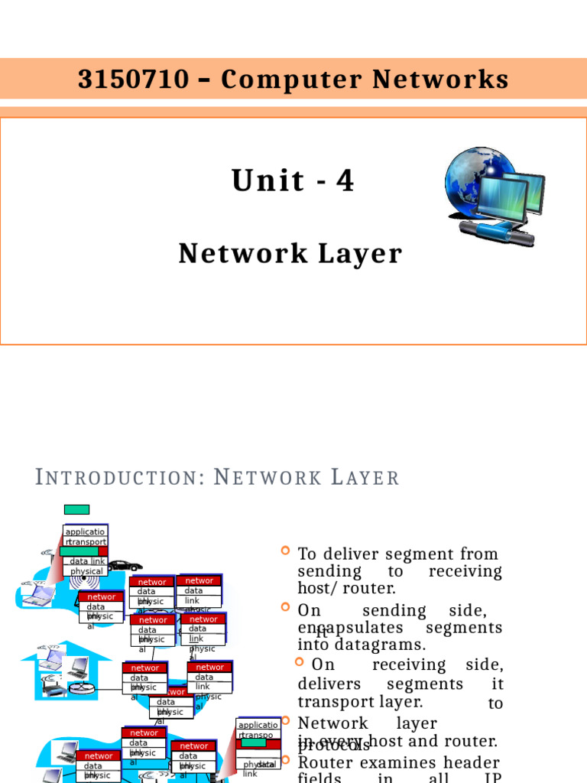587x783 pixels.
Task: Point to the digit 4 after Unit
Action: [x=346, y=181]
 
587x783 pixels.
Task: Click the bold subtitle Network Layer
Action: [x=290, y=254]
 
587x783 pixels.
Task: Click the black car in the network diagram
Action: [x=124, y=566]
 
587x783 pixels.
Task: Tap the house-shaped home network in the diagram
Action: [x=65, y=673]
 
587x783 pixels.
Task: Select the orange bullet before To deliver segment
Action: [x=286, y=551]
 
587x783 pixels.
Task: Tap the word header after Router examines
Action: [x=473, y=762]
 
